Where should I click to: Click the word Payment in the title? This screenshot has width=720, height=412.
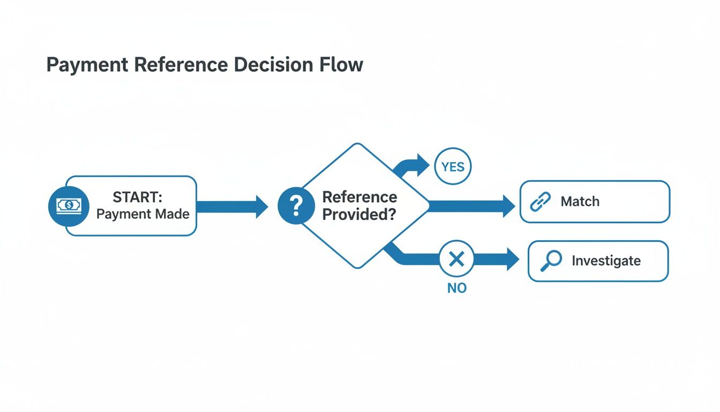pyautogui.click(x=87, y=65)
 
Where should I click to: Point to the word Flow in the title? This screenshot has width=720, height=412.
pyautogui.click(x=343, y=65)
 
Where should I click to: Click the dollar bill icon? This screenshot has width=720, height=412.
pyautogui.click(x=68, y=206)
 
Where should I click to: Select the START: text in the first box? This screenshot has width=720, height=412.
pyautogui.click(x=138, y=197)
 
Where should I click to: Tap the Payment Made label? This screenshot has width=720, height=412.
pyautogui.click(x=142, y=214)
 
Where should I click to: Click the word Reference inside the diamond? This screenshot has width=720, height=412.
pyautogui.click(x=359, y=197)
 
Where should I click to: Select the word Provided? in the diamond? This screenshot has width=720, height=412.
pyautogui.click(x=359, y=215)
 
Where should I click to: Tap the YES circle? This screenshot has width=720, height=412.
pyautogui.click(x=453, y=167)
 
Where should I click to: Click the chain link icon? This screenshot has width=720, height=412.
pyautogui.click(x=540, y=202)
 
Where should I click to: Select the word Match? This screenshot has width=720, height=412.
pyautogui.click(x=580, y=202)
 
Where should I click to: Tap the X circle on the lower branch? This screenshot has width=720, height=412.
pyautogui.click(x=456, y=260)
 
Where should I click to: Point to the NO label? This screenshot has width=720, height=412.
pyautogui.click(x=456, y=288)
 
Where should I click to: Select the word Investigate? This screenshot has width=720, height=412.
pyautogui.click(x=606, y=261)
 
